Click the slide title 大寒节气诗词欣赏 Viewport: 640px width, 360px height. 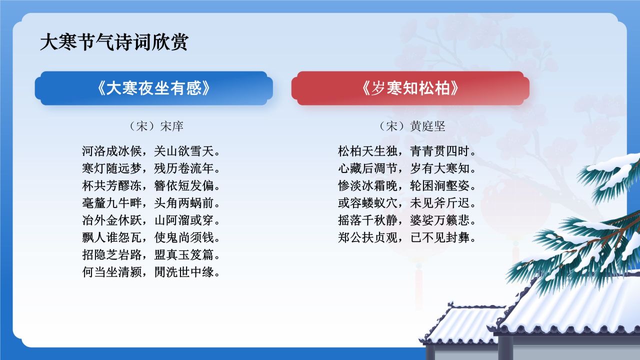coord(114,42)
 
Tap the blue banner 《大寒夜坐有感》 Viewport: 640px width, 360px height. coord(153,88)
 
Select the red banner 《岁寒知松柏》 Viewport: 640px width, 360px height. coord(410,88)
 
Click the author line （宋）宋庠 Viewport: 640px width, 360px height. coord(153,126)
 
